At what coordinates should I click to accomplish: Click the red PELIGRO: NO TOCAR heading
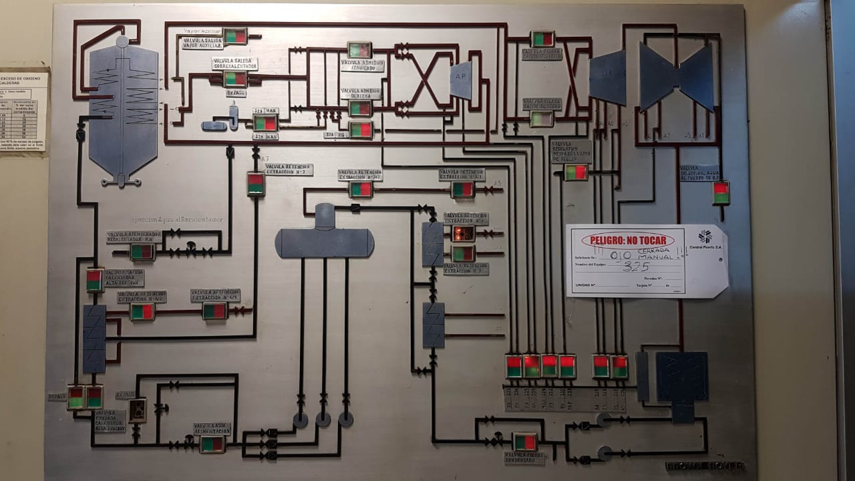tap(627, 240)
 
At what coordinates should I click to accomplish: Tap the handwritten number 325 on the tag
tap(636, 266)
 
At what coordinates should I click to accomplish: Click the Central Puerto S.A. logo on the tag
tap(705, 236)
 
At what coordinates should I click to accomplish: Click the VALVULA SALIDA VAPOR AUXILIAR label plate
tap(202, 43)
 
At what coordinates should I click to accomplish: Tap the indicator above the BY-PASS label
tap(235, 79)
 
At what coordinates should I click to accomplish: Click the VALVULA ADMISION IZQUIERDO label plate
tap(362, 65)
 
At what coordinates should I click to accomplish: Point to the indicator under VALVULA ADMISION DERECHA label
tap(360, 108)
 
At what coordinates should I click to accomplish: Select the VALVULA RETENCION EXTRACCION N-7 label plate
tap(289, 170)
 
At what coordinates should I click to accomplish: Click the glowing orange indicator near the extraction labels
tap(463, 233)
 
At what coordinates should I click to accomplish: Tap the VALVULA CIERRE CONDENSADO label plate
tap(524, 458)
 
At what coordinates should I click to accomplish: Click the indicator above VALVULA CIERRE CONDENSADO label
tap(525, 442)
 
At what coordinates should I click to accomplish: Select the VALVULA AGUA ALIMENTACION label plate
tap(212, 428)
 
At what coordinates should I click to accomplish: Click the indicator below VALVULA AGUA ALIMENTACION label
tap(212, 444)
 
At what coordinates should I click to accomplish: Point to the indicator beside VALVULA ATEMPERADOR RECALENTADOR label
tap(142, 252)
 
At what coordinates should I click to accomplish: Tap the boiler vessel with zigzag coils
tap(124, 107)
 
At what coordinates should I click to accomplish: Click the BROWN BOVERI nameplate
tap(705, 466)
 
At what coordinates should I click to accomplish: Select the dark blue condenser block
tap(681, 377)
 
